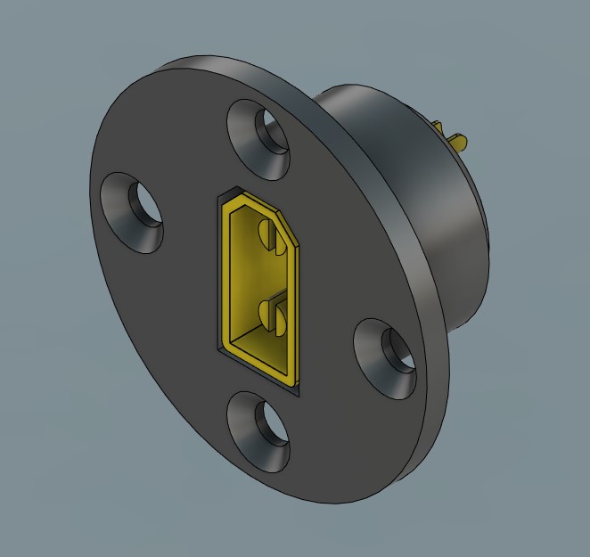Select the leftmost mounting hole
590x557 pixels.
(134, 212)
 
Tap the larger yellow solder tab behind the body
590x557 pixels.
(458, 140)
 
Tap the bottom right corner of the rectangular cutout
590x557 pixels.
(298, 390)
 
